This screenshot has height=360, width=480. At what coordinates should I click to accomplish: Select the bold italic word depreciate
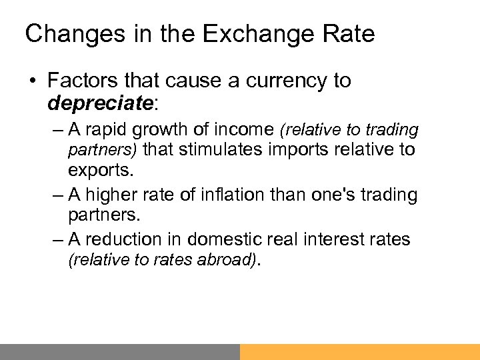[x=100, y=103]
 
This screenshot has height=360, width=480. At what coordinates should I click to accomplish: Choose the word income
[x=227, y=129]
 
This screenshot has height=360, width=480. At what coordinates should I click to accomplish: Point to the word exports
[x=100, y=170]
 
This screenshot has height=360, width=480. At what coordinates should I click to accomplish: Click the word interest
[x=339, y=238]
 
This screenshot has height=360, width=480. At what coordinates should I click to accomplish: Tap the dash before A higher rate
[x=57, y=195]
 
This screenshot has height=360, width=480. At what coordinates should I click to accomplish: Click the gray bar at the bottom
[x=120, y=351]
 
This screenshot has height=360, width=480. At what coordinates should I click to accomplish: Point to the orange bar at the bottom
[x=360, y=351]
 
